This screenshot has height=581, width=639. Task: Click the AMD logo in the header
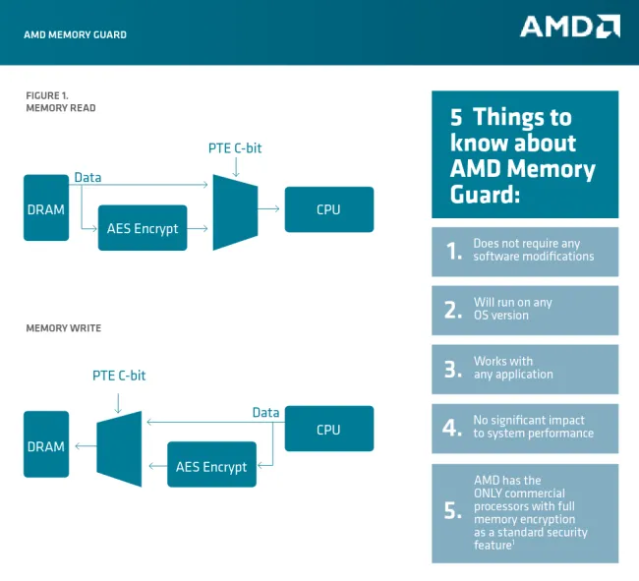(569, 27)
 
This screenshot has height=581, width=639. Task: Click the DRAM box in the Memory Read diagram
(46, 208)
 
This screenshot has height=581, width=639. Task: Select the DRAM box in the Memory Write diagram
(46, 446)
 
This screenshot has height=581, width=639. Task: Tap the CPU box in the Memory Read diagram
(328, 209)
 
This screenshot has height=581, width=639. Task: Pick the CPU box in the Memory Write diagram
(328, 430)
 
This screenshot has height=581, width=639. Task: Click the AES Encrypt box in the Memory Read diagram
(143, 228)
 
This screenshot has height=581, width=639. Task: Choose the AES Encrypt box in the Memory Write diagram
(211, 466)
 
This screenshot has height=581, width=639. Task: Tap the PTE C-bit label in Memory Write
(119, 376)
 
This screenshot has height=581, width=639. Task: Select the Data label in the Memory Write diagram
(265, 413)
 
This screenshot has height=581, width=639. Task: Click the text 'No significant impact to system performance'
(533, 427)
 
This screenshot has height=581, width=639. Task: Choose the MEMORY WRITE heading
(63, 328)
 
